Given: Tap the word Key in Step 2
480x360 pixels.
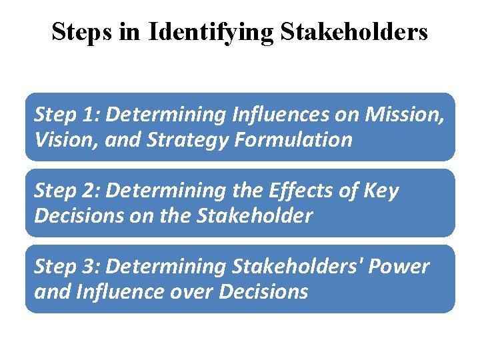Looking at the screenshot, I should (380, 191).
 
